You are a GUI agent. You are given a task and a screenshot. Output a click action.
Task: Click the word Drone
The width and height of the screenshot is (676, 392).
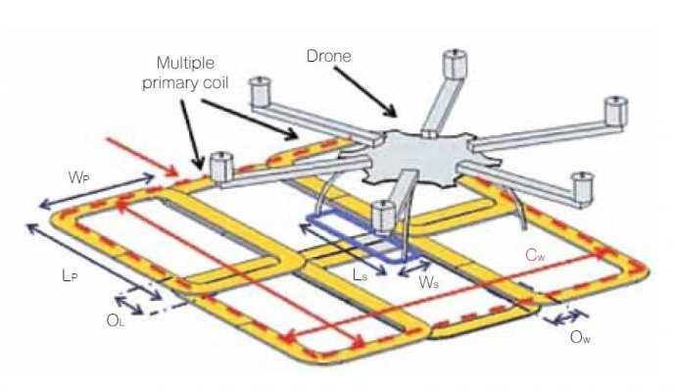click(328, 56)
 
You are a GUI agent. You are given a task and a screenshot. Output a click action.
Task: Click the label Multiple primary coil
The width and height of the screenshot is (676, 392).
click(185, 73)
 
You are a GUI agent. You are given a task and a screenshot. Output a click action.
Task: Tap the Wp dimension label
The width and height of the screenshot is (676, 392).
click(79, 177)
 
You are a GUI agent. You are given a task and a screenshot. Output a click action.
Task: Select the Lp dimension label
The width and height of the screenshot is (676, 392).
click(70, 276)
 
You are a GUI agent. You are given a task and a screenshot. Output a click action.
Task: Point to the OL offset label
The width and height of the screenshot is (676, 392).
click(115, 320)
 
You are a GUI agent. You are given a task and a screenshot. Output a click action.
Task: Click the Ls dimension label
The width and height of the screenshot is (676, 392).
click(360, 275)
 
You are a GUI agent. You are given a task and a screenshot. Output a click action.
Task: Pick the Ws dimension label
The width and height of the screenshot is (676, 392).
click(428, 283)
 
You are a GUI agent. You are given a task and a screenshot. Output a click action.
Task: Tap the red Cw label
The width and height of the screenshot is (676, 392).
click(535, 256)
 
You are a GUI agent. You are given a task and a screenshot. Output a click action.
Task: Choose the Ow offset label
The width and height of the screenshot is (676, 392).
click(580, 337)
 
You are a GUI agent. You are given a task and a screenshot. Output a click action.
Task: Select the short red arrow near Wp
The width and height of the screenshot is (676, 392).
click(142, 157)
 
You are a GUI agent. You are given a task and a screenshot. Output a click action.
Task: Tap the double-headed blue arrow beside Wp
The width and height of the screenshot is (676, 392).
click(96, 191)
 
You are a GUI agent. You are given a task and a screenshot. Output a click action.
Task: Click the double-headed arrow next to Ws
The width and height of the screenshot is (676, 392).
click(413, 268)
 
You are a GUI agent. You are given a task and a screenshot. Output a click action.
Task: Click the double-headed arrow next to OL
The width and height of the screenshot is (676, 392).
click(128, 305)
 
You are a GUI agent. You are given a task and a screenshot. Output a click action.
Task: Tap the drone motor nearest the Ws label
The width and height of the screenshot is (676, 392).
click(383, 216)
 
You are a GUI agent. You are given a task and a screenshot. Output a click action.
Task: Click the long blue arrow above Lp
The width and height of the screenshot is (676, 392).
click(94, 262)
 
